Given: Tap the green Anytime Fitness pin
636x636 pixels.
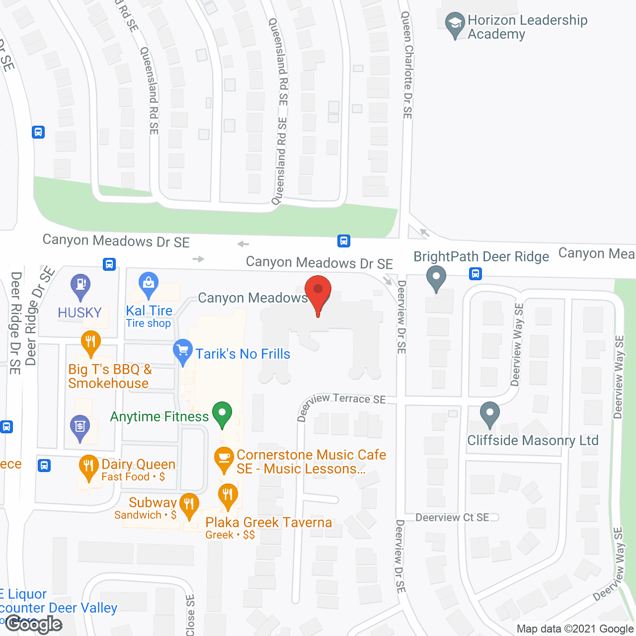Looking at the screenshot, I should [222, 414].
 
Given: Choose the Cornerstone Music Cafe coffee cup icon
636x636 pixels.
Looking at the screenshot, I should [224, 460].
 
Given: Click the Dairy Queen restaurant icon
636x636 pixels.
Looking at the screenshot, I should [88, 467].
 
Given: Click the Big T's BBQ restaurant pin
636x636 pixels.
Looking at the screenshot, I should [90, 343].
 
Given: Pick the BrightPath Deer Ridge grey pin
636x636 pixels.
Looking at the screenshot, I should [436, 278].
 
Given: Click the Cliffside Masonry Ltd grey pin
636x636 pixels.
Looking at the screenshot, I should [490, 414].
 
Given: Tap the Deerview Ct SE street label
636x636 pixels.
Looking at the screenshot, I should [452, 517].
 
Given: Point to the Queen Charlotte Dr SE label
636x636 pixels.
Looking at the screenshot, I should [407, 65].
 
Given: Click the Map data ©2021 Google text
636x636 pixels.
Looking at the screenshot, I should [575, 629].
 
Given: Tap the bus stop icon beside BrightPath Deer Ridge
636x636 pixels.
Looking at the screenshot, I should [476, 273].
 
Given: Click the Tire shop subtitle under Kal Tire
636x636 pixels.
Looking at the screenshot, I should [148, 323].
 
